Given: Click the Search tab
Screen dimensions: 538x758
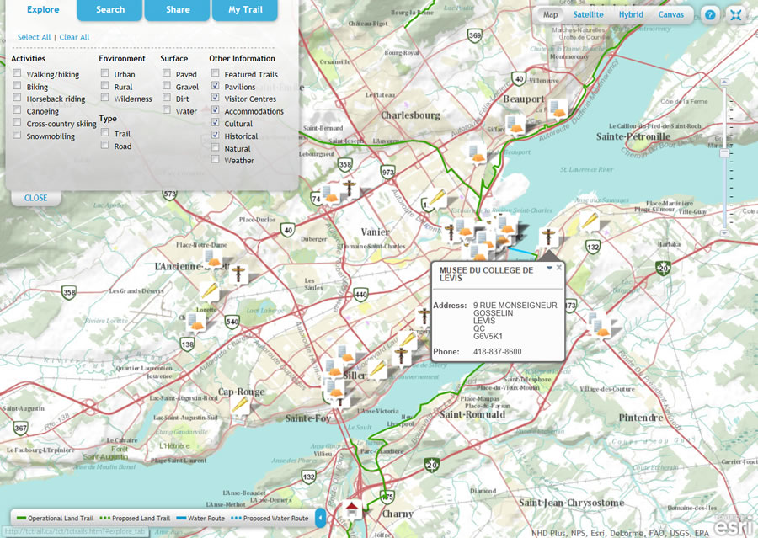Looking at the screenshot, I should click(x=109, y=10).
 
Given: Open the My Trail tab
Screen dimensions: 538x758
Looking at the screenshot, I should click(x=246, y=10).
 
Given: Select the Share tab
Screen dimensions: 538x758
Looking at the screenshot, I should click(x=177, y=10).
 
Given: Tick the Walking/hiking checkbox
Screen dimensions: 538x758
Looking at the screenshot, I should click(x=18, y=74).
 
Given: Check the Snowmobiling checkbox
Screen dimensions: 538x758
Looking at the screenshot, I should click(x=18, y=136).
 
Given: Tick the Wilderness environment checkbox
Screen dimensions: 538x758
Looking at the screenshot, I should click(x=105, y=99).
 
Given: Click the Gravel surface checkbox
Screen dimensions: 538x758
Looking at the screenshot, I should click(x=167, y=87).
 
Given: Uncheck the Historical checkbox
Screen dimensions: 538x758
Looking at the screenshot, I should click(x=216, y=136).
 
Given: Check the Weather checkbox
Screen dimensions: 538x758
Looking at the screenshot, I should click(x=216, y=160).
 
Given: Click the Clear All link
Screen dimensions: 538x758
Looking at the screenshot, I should click(x=74, y=37).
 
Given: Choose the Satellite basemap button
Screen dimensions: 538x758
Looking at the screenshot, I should click(x=588, y=14).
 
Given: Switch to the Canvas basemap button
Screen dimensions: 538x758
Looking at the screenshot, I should click(x=670, y=14).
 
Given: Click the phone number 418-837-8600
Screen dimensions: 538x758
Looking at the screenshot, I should click(x=497, y=351).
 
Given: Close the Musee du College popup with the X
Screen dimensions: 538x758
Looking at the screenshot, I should click(x=558, y=267).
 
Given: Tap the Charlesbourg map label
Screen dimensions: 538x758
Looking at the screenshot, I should click(x=410, y=115).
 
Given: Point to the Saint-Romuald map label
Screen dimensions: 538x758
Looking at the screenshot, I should click(x=472, y=414).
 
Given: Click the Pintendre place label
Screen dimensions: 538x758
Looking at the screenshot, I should click(x=641, y=418).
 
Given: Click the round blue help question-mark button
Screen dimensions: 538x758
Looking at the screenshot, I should click(x=711, y=15).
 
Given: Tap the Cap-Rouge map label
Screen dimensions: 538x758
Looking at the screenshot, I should click(x=241, y=392).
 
